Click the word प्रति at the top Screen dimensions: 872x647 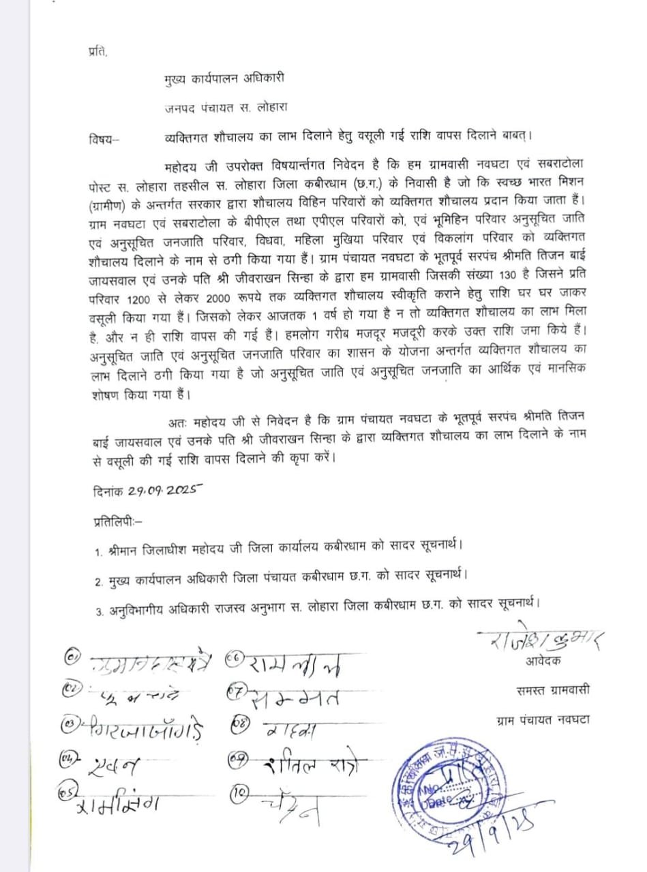tap(97, 51)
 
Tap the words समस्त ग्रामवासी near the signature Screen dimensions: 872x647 tap(552, 689)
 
